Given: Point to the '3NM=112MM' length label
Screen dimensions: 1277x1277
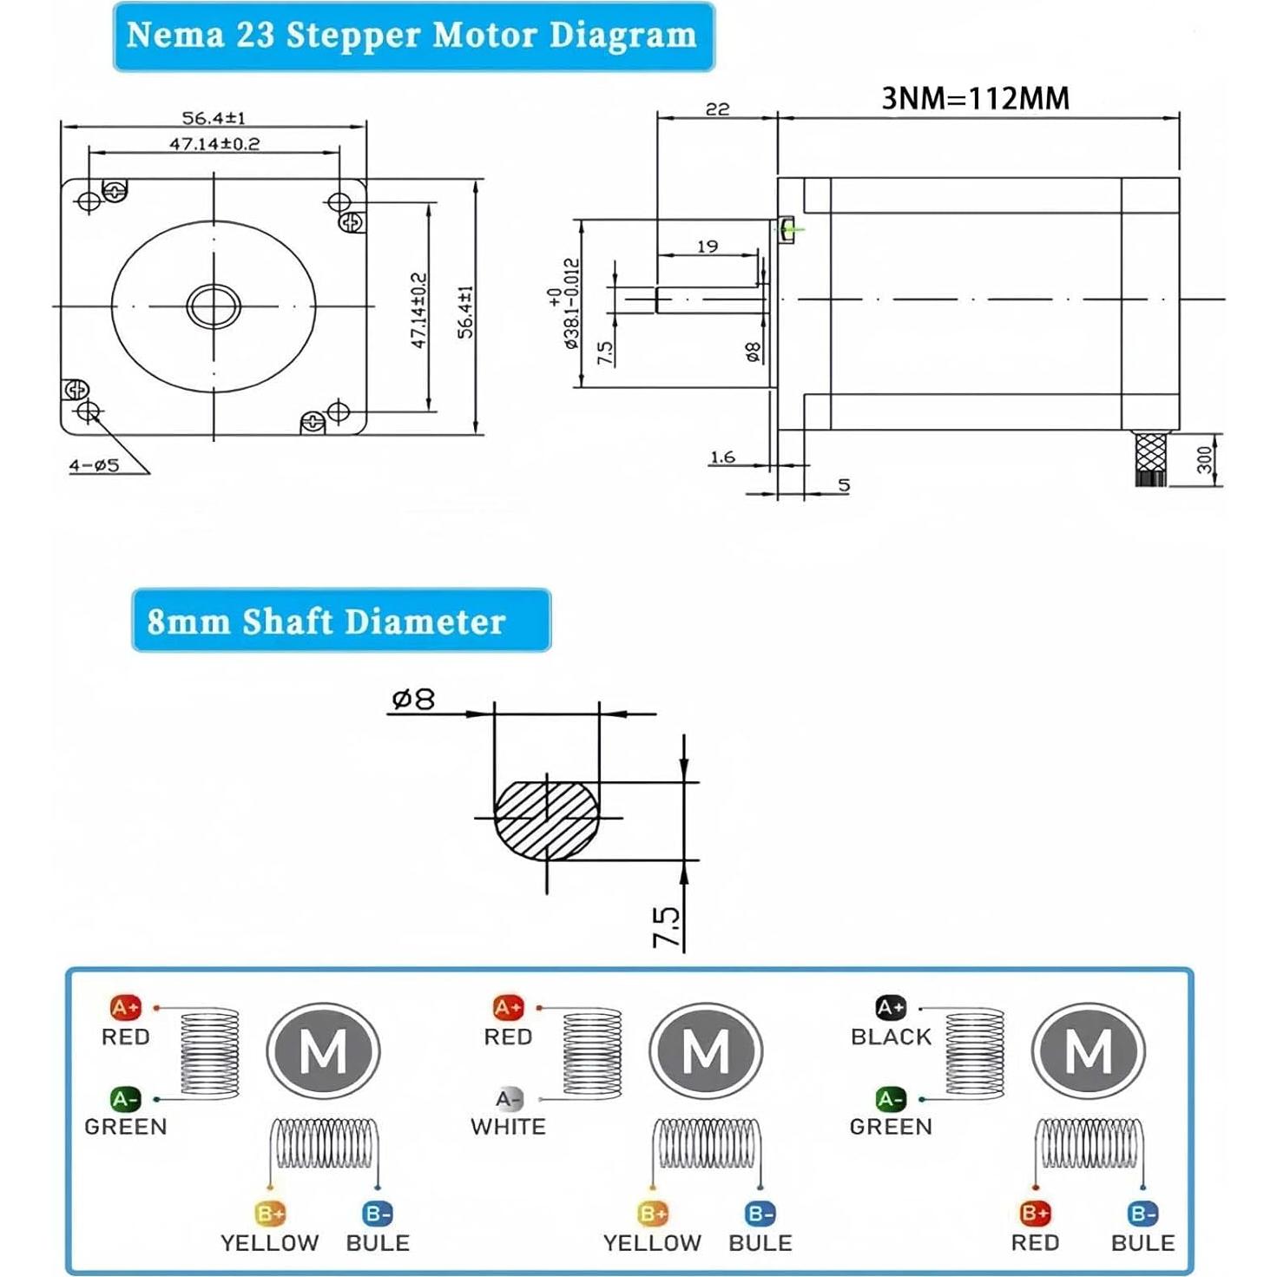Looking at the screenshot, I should pos(975,99).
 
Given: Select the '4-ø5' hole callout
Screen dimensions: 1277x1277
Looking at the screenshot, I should pos(95,465).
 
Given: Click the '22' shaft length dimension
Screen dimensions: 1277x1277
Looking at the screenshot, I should pos(717,109).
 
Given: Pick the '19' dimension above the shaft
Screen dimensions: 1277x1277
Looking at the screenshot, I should pos(708,247).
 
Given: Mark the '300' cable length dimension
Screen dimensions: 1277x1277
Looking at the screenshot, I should pos(1204,459).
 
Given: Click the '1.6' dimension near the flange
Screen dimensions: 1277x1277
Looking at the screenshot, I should pos(722,457).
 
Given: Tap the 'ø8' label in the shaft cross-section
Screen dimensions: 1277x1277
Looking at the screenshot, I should pos(413,699).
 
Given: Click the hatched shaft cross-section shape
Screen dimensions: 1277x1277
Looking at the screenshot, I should pos(546,820).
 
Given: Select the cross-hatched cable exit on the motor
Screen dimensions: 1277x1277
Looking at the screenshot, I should pos(1151,457).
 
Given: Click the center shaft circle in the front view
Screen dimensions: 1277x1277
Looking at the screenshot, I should pos(214,306).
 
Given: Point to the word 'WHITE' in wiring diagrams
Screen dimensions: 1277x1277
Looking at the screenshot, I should pos(508,1127).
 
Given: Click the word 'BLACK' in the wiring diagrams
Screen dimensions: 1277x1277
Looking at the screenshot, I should pos(891,1037).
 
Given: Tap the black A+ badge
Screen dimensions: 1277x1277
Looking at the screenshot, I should pos(891,1008).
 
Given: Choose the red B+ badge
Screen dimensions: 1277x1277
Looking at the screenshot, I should pos(1035,1213).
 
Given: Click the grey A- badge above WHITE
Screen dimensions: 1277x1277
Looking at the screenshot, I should pos(510,1099).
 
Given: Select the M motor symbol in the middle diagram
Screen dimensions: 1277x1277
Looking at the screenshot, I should pos(706,1051).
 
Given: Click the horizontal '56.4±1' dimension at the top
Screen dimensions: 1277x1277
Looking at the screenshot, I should pos(214,118).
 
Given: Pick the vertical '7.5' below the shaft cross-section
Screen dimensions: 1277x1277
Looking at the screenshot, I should pos(666,927).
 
